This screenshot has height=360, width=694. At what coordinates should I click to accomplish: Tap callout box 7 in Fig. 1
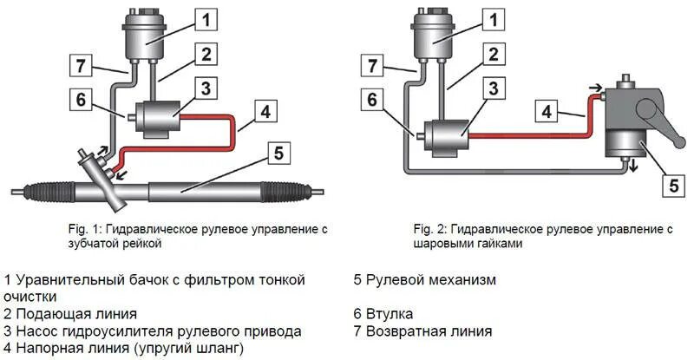[x=81, y=65]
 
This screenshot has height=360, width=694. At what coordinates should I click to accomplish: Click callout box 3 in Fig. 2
[x=493, y=88]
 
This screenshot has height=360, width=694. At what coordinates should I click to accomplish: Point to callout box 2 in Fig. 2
[x=493, y=54]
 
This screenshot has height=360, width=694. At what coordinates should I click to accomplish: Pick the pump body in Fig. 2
[x=445, y=135]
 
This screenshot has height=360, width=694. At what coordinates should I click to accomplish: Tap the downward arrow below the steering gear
[x=633, y=166]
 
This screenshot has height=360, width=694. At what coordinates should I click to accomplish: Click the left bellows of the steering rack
[x=52, y=188]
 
